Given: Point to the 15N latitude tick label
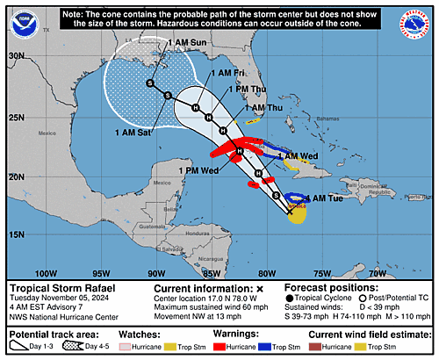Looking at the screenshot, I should click(x=15, y=234).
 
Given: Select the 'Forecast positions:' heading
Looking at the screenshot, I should click(x=325, y=287).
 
